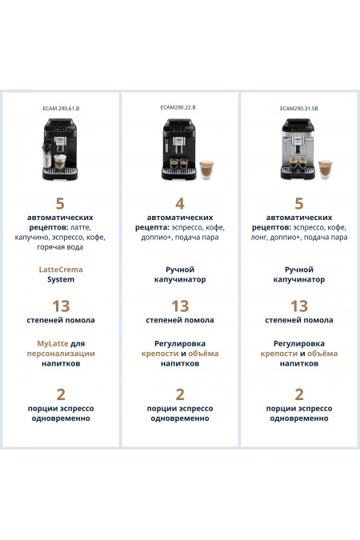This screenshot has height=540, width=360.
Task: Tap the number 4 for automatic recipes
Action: [x=180, y=203]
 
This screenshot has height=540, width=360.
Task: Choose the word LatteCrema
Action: [x=61, y=270]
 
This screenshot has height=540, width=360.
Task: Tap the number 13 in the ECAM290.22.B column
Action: [x=180, y=306]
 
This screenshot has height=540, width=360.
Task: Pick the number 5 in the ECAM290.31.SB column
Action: [x=299, y=203]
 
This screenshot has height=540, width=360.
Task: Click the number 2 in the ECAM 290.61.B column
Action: [x=61, y=394]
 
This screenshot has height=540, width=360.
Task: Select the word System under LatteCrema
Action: [x=61, y=280]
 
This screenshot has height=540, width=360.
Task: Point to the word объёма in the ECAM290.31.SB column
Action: [x=322, y=353]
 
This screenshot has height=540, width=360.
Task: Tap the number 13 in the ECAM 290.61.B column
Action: [x=61, y=306]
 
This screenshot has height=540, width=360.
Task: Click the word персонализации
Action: [x=61, y=353]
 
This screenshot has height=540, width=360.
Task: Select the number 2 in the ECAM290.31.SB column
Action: [x=299, y=394]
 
